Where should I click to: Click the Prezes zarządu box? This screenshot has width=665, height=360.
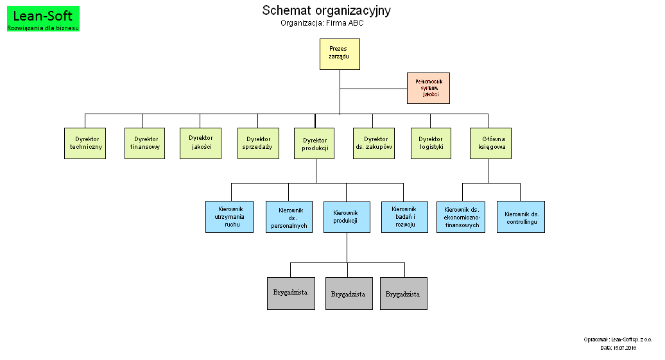pyautogui.click(x=340, y=54)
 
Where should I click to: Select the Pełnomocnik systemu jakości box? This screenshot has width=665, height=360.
pyautogui.click(x=428, y=88)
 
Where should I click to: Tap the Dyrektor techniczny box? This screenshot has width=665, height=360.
pyautogui.click(x=85, y=143)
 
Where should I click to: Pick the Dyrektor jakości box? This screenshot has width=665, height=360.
pyautogui.click(x=200, y=142)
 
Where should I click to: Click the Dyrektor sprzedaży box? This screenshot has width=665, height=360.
pyautogui.click(x=258, y=143)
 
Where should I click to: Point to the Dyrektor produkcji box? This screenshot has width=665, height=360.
pyautogui.click(x=315, y=144)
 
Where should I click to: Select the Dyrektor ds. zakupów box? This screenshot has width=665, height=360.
pyautogui.click(x=374, y=143)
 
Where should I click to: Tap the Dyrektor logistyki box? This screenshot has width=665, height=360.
pyautogui.click(x=431, y=143)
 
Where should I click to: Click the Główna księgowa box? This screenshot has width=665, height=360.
pyautogui.click(x=491, y=143)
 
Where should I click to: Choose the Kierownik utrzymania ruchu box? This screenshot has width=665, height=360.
pyautogui.click(x=229, y=217)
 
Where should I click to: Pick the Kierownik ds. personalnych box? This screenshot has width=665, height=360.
pyautogui.click(x=289, y=217)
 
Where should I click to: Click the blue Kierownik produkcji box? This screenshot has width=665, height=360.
pyautogui.click(x=347, y=217)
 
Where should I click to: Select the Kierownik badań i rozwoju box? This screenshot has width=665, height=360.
pyautogui.click(x=404, y=217)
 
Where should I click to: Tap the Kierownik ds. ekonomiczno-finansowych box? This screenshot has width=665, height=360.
pyautogui.click(x=461, y=217)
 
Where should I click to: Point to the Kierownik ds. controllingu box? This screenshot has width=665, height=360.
pyautogui.click(x=521, y=217)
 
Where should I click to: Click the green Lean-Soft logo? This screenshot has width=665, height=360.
pyautogui.click(x=43, y=19)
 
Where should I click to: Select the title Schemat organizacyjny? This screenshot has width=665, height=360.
pyautogui.click(x=326, y=10)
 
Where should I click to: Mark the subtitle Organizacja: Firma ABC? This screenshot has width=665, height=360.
pyautogui.click(x=322, y=23)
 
